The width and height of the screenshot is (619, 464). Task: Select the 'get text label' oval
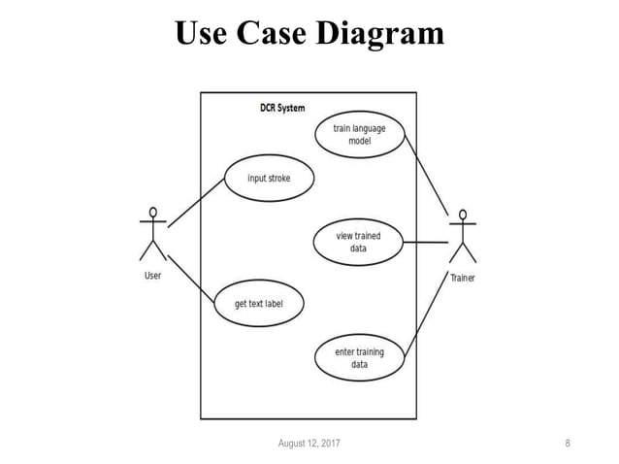257,303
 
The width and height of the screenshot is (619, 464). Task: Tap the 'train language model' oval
359,135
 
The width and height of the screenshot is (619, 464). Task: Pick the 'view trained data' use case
358,242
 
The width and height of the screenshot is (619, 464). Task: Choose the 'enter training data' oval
359,357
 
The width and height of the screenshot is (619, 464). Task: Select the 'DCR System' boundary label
282,108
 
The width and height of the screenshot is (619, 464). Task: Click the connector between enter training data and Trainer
427,311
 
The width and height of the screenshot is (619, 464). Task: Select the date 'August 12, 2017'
309,444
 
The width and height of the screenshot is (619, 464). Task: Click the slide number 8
568,444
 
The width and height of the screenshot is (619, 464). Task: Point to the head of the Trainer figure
464,215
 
